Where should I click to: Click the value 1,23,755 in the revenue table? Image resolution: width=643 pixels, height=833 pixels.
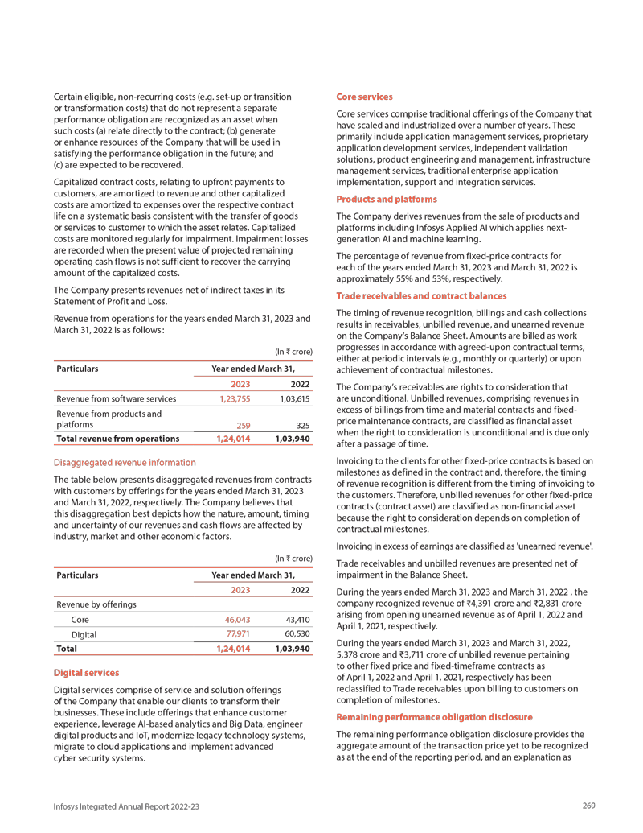pyautogui.click(x=235, y=398)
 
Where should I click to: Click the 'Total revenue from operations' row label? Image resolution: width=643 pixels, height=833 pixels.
pyautogui.click(x=118, y=439)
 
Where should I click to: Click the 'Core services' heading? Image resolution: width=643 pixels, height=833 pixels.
pyautogui.click(x=363, y=97)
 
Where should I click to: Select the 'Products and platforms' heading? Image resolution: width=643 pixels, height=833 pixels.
pyautogui.click(x=386, y=199)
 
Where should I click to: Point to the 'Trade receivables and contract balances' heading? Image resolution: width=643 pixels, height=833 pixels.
pyautogui.click(x=420, y=296)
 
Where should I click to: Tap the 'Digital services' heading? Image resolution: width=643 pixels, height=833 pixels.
pyautogui.click(x=86, y=672)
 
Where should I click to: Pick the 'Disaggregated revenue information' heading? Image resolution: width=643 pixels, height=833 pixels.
pyautogui.click(x=124, y=463)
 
